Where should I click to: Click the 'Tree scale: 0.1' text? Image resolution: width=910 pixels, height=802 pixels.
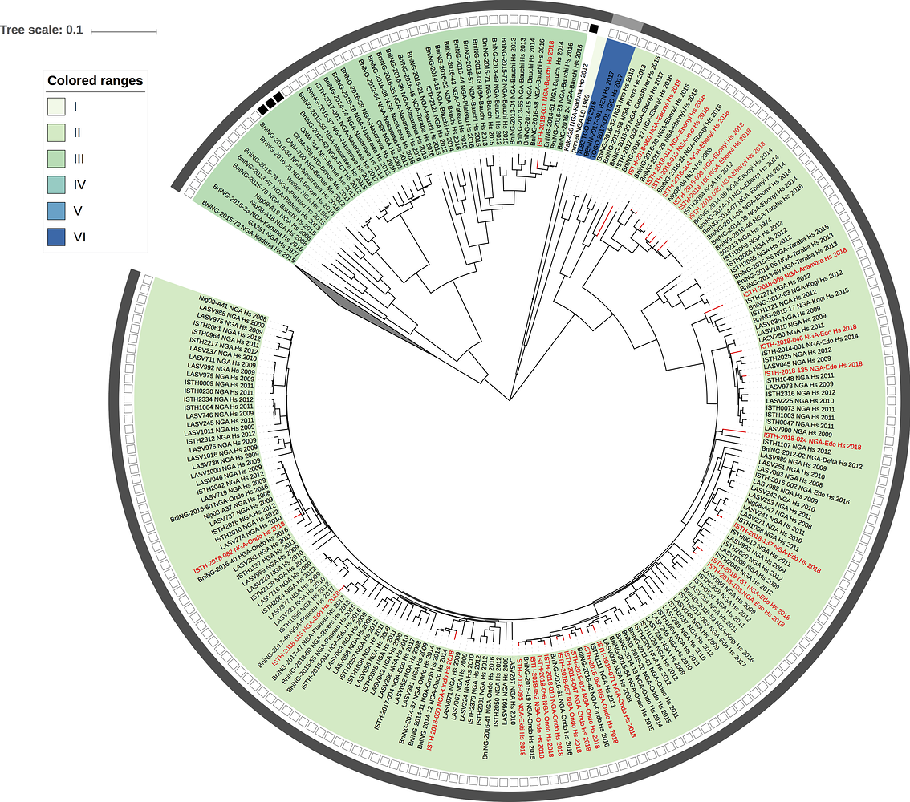point(41,30)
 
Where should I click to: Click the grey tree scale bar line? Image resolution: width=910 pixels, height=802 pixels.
point(124,32)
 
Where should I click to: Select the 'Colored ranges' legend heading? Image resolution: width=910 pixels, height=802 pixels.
point(95,81)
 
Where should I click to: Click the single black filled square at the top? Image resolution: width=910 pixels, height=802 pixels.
point(594,29)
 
